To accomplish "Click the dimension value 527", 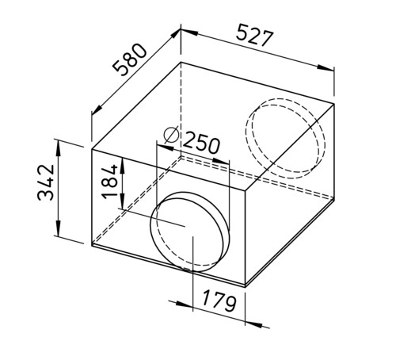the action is tap(254, 36).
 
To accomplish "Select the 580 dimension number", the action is tap(129, 60).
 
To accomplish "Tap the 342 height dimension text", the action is tap(46, 182).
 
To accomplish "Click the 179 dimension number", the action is tap(219, 301).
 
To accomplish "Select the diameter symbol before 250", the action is tap(172, 135).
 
